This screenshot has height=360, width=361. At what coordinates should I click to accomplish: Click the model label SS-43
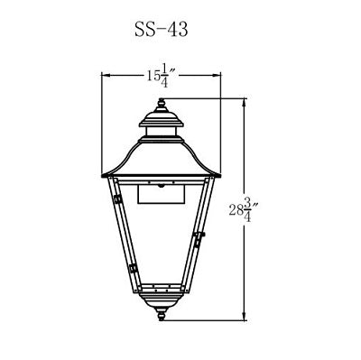pos(162,30)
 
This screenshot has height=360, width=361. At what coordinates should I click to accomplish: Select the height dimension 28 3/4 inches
pos(244,209)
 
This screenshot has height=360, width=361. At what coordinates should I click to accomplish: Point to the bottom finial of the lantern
pos(162,315)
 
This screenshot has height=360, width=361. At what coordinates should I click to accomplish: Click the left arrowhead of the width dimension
pos(106,74)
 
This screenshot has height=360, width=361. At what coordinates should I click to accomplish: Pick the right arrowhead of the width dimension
pos(216,74)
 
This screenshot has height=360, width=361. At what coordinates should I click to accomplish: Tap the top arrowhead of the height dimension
pos(244,103)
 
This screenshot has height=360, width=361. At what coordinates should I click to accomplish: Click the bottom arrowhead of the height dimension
pos(244,316)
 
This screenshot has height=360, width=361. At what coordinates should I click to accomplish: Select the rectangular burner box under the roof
pos(162,194)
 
